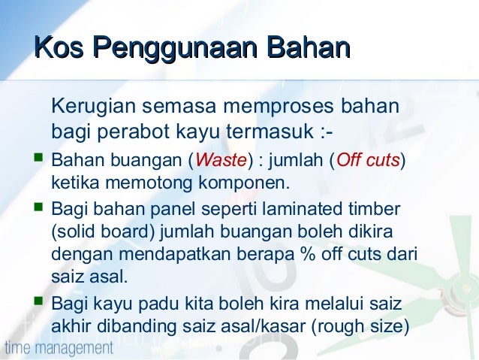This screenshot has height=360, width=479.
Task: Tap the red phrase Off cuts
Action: point(368,161)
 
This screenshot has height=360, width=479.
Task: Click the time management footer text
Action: point(59,348)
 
